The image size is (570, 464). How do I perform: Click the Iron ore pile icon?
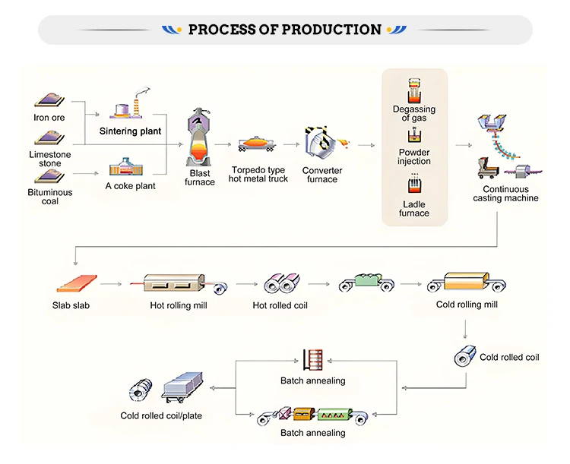49,101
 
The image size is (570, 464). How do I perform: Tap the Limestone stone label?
50,158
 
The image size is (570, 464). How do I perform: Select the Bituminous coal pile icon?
49,176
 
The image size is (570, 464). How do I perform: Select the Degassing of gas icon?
414,90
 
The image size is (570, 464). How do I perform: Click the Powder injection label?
414,156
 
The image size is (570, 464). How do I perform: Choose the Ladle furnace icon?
414,185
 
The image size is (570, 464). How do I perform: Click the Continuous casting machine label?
505,194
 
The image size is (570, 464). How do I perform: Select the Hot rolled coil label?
280,305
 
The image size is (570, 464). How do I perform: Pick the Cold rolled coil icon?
464,356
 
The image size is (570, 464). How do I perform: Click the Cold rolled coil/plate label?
161,415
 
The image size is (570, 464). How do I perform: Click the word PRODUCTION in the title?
331,30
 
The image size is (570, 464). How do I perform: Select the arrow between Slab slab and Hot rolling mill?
111,285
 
